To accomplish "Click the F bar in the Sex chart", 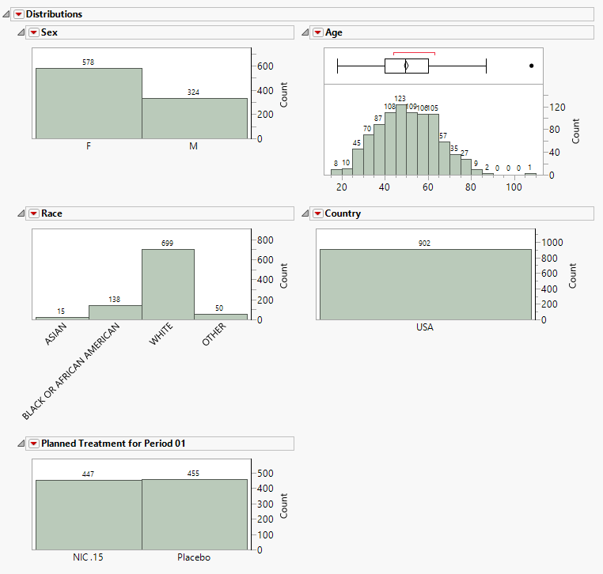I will coord(89,103).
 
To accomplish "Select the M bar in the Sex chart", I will coord(195,119).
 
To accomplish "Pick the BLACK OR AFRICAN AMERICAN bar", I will coord(115,312).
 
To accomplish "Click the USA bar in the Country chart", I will coord(425,285).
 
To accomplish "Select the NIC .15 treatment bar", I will coord(88,514).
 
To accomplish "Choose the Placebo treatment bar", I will coord(195,514).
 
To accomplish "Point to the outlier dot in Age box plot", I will coord(531,66).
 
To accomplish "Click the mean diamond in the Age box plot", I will coord(405,66).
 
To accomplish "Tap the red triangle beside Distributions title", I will coord(18,14).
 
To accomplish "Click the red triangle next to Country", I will coord(318,213).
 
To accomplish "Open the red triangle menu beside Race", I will coord(34,213).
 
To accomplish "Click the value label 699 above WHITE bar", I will coord(167,244).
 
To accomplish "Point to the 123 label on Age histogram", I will coord(400,99).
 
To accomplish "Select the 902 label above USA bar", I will coord(425,244).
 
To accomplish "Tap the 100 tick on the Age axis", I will coord(514,187).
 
